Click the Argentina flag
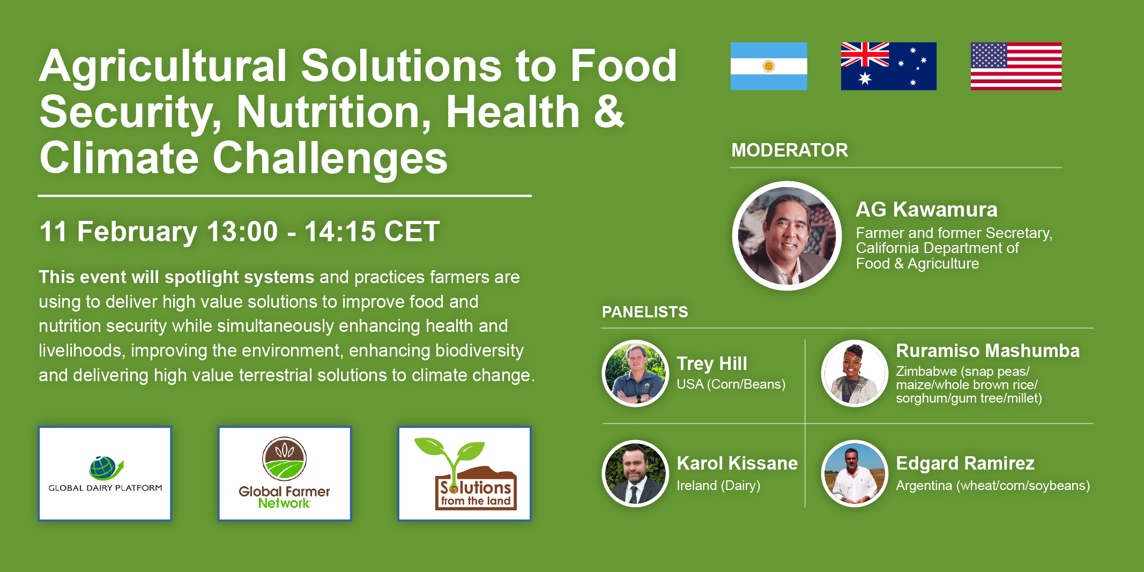pyautogui.click(x=769, y=66)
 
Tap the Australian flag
pyautogui.click(x=889, y=66)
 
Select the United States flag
pyautogui.click(x=1016, y=66)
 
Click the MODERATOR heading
pyautogui.click(x=790, y=150)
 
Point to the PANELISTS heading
pyautogui.click(x=645, y=312)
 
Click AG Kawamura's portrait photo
pyautogui.click(x=787, y=236)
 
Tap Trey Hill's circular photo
pyautogui.click(x=635, y=373)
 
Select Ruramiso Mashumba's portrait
pyautogui.click(x=855, y=373)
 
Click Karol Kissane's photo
pyautogui.click(x=635, y=473)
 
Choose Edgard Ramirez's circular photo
pyautogui.click(x=855, y=473)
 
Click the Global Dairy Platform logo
pyautogui.click(x=105, y=474)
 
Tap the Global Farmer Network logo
pyautogui.click(x=285, y=474)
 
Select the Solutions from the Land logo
pyautogui.click(x=464, y=474)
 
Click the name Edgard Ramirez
pyautogui.click(x=965, y=463)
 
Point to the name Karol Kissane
pyautogui.click(x=737, y=463)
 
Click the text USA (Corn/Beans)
pyautogui.click(x=731, y=384)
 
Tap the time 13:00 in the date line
pyautogui.click(x=242, y=232)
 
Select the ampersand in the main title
pyautogui.click(x=609, y=112)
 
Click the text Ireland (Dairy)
pyautogui.click(x=718, y=486)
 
